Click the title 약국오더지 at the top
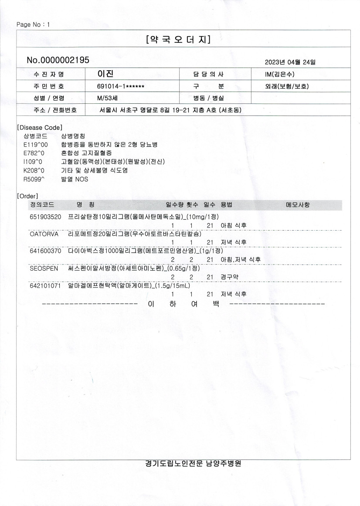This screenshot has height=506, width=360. coord(179,40)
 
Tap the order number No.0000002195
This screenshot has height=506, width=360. coord(58,61)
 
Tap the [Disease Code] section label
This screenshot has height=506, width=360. coord(39,128)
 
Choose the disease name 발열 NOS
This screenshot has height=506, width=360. coord(72,178)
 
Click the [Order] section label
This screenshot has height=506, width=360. coord(27,196)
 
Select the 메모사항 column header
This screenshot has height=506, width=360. coord(298,204)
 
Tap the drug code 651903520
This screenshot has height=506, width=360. coord(45,217)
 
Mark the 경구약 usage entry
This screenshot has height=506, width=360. coord(230,277)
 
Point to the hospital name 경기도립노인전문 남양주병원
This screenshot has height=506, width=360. coord(193,464)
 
